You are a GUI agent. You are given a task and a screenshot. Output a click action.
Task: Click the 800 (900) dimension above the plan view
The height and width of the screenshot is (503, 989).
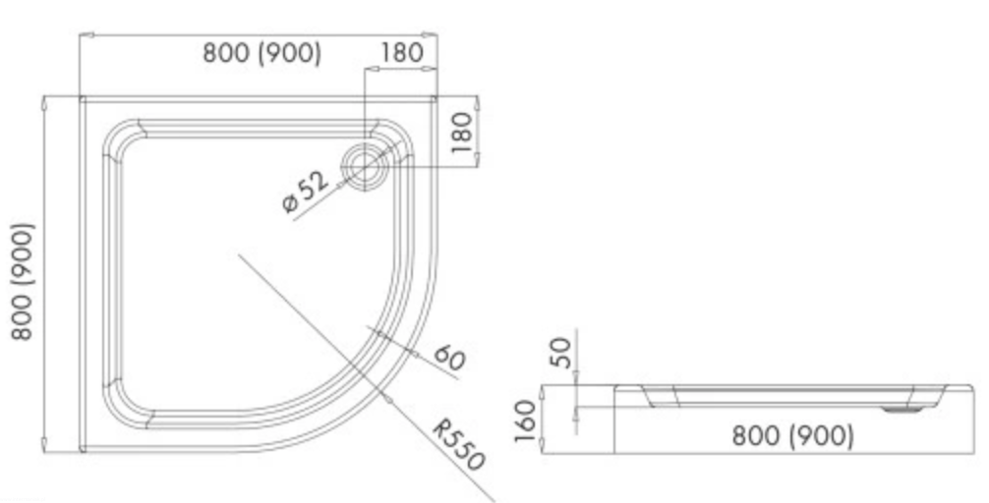pos(262,53)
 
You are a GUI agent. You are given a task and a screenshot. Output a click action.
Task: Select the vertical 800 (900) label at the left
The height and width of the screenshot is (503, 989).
pos(23,281)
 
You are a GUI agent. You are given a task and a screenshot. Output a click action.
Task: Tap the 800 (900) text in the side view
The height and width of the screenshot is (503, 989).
pos(792,435)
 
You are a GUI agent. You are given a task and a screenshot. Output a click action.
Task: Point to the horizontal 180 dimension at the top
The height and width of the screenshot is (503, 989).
pos(402,53)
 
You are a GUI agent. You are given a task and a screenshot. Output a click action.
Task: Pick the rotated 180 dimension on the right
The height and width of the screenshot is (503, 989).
pos(462,133)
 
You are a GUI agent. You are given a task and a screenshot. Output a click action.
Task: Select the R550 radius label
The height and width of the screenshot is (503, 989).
pos(458,446)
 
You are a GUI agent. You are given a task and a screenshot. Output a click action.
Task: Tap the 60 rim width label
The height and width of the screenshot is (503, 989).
pos(449,358)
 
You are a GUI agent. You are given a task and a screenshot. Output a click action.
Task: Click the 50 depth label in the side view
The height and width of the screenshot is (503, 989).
pos(561,353)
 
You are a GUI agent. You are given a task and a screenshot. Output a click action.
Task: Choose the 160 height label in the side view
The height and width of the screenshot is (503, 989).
pos(525,421)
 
